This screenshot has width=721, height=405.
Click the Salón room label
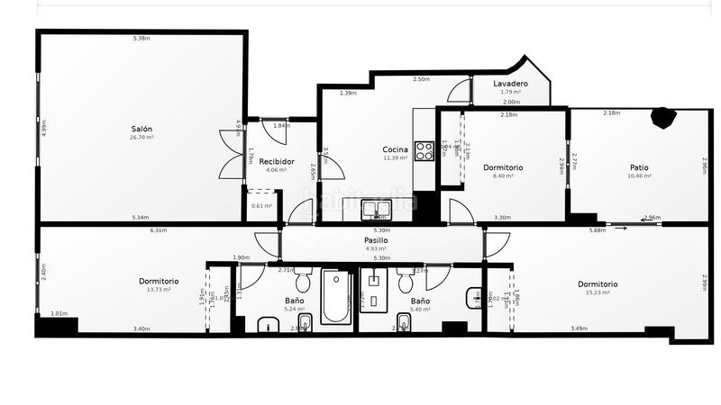click(x=142, y=129)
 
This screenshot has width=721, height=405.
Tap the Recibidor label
click(x=276, y=161)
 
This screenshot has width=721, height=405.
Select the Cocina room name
click(x=395, y=149)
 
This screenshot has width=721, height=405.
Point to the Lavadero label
click(x=511, y=84)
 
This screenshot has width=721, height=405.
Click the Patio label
click(x=639, y=167)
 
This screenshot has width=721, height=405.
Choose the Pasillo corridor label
click(x=376, y=240)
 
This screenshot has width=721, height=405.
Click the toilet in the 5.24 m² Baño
click(x=304, y=281)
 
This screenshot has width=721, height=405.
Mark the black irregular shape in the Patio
click(x=664, y=117)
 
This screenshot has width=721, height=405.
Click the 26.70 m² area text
click(x=142, y=138)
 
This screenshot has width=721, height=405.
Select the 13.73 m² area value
click(x=159, y=290)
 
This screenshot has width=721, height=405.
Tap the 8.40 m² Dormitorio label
click(x=503, y=176)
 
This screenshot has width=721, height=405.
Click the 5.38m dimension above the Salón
click(x=141, y=38)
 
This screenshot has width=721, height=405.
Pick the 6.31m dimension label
click(x=159, y=230)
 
